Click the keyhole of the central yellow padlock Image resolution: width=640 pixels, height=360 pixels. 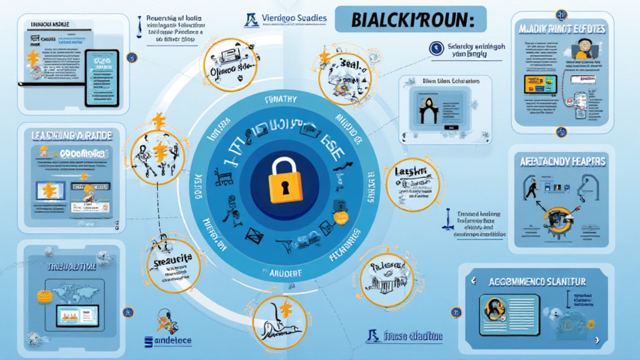pos(286,186)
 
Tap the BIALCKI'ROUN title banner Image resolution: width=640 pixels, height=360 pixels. pos(405,19)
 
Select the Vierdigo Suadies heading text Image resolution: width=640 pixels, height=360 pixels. pos(294,18)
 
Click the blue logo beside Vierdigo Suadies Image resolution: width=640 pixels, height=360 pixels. pos(252,19)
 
